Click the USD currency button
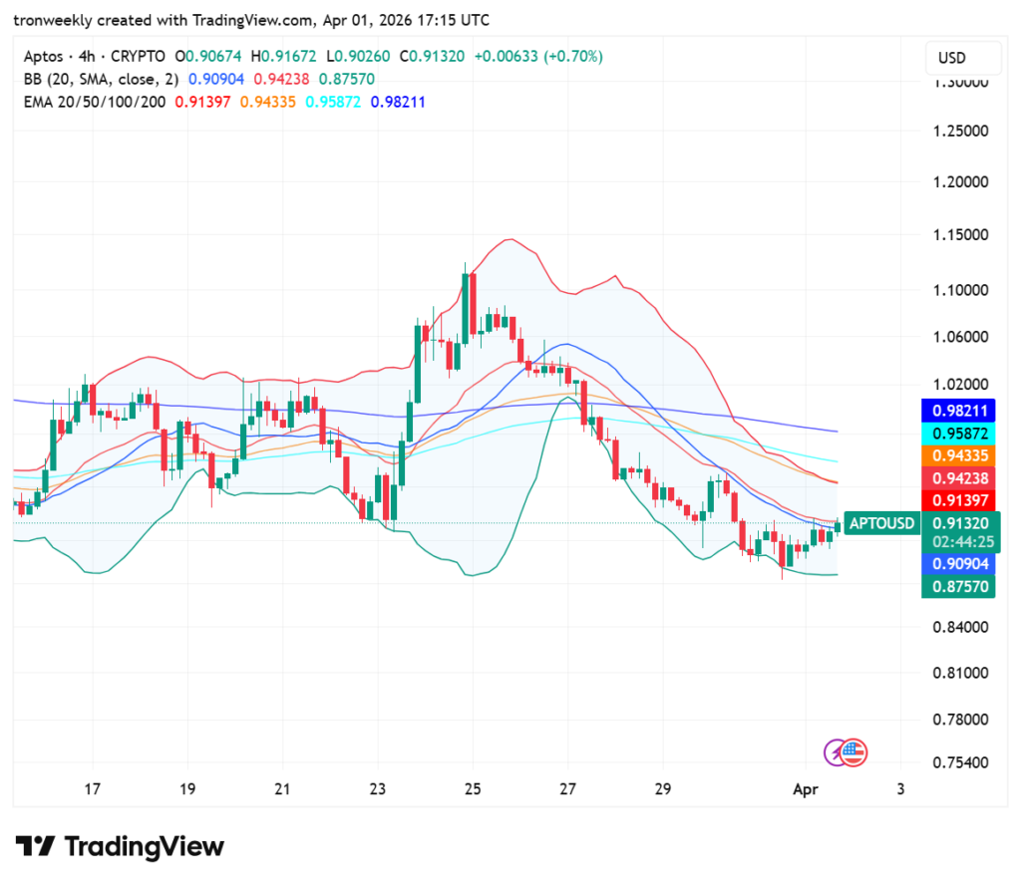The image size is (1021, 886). (952, 58)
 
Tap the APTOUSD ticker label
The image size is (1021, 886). (881, 523)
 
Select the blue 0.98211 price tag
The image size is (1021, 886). (960, 410)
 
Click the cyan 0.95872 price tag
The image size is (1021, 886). (960, 434)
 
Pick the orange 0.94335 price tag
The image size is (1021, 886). (960, 455)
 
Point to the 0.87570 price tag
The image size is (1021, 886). (960, 587)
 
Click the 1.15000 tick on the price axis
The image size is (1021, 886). (960, 235)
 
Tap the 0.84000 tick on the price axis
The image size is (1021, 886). (960, 627)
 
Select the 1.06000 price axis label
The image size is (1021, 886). (960, 337)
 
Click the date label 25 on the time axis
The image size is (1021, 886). (473, 789)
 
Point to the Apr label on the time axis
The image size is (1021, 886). (805, 789)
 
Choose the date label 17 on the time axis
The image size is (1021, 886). (92, 789)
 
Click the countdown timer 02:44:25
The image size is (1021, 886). (960, 542)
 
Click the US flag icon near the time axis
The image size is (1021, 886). (854, 752)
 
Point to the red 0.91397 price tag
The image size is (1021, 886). (960, 499)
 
